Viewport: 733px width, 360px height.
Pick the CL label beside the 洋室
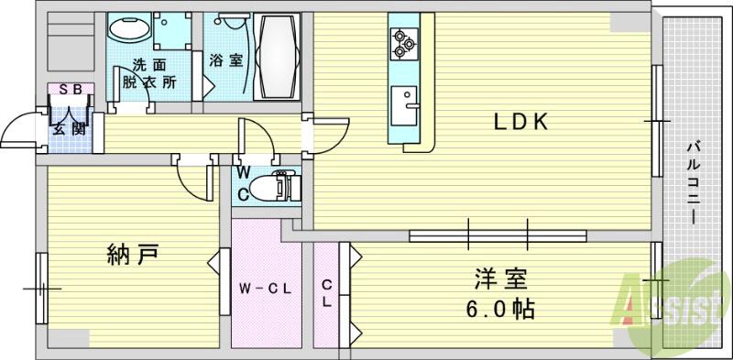(x=326, y=294)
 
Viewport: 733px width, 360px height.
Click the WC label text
(x=245, y=182)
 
